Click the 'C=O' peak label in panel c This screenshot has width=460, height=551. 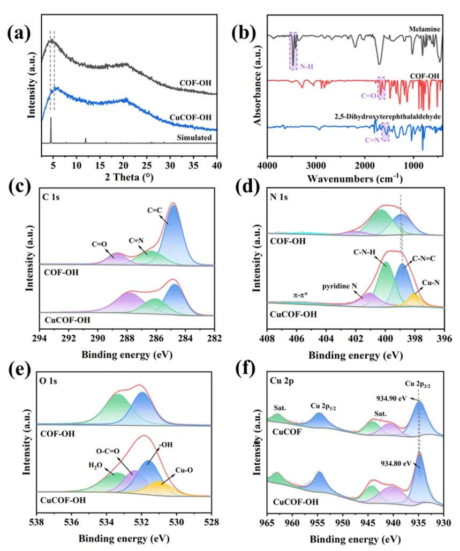[99, 244]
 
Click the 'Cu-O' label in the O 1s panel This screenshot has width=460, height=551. [185, 470]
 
